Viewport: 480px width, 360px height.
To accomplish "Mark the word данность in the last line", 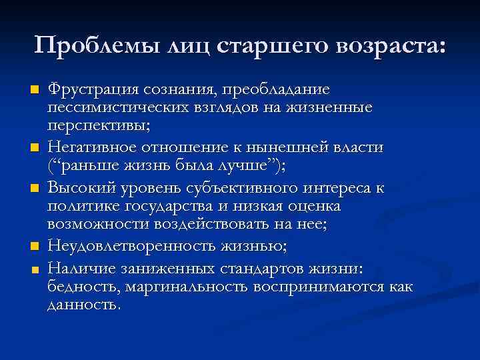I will tap(84, 305).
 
